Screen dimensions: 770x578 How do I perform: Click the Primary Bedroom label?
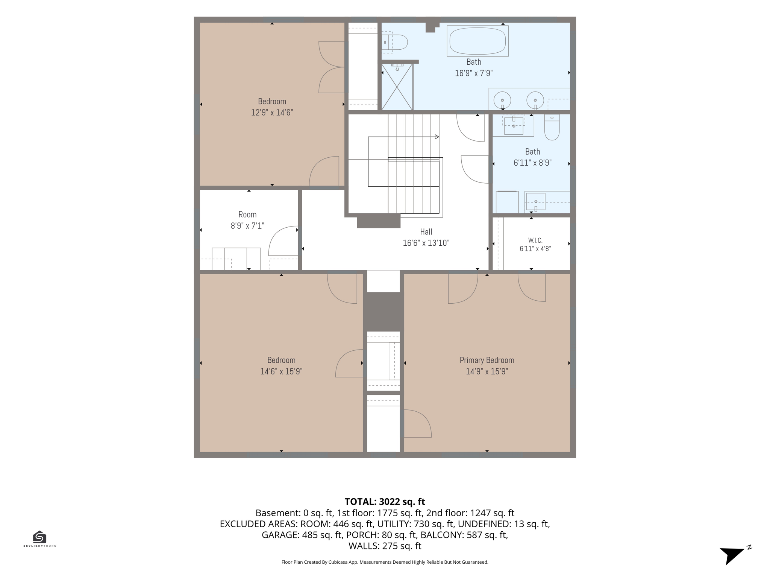[x=487, y=360]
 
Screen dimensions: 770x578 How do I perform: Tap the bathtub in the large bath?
[x=477, y=41]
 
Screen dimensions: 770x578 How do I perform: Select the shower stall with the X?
[x=397, y=87]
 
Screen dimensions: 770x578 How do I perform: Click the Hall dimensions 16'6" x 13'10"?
[x=426, y=243]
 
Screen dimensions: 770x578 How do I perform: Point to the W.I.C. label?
[x=535, y=240]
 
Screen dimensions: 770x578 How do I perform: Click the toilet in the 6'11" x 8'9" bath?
[x=552, y=127]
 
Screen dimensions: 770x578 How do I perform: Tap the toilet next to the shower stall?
[x=395, y=43]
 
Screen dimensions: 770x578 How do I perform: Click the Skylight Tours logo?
[x=39, y=539]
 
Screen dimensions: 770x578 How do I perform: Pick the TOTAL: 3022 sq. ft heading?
[x=385, y=502]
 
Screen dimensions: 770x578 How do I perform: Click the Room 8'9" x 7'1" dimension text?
[x=247, y=226]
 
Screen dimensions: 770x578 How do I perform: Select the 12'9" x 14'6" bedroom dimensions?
[x=272, y=113]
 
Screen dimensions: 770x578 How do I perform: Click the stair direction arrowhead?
[x=437, y=137]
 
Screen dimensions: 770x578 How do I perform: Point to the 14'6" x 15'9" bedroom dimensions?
[x=281, y=371]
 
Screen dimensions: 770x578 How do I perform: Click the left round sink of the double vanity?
[x=502, y=100]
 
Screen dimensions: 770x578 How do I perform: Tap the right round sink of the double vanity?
[x=535, y=100]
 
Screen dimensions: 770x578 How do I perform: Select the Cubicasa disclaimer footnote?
[x=385, y=562]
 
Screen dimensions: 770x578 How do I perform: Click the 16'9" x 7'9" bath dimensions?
[x=474, y=73]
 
